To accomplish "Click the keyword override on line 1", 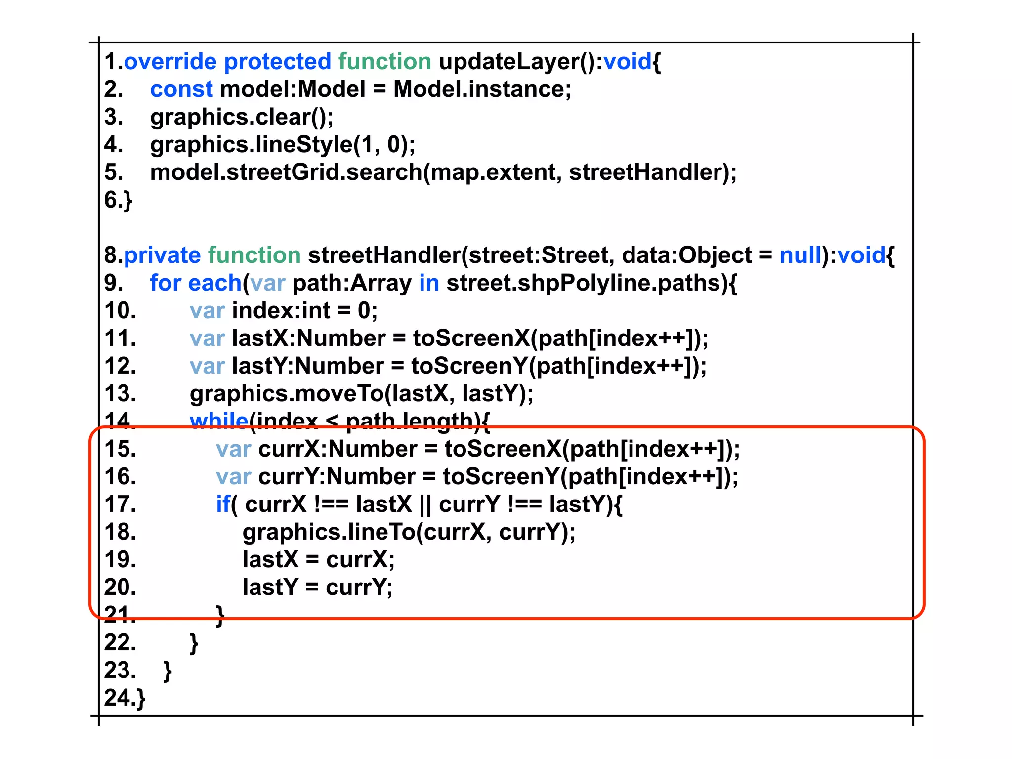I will click(x=170, y=62).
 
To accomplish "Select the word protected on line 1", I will click(x=277, y=62).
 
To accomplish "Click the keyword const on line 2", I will click(x=181, y=89).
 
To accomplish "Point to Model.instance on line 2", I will click(x=481, y=89).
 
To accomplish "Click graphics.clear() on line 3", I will click(x=241, y=117).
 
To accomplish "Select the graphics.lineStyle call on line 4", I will click(x=251, y=145).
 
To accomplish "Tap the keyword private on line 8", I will click(x=162, y=255).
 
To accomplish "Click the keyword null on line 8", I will click(x=800, y=255).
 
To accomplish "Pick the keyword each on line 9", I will click(x=214, y=283).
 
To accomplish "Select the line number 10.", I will click(x=120, y=311).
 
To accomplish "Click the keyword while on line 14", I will click(x=218, y=420).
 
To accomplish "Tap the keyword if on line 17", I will click(x=223, y=505).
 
